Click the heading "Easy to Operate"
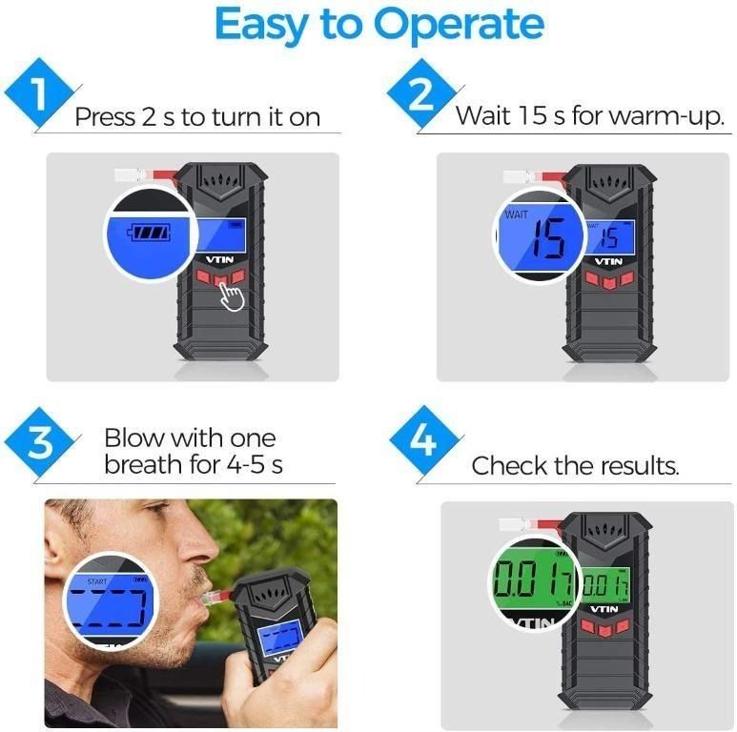[x=368, y=26]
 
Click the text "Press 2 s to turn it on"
[x=196, y=117]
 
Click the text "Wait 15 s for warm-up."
[x=590, y=116]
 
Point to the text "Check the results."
[x=575, y=466]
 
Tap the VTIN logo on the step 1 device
[x=219, y=257]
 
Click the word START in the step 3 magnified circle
[x=97, y=580]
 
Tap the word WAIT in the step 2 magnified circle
[x=517, y=215]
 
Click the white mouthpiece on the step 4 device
[x=511, y=523]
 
